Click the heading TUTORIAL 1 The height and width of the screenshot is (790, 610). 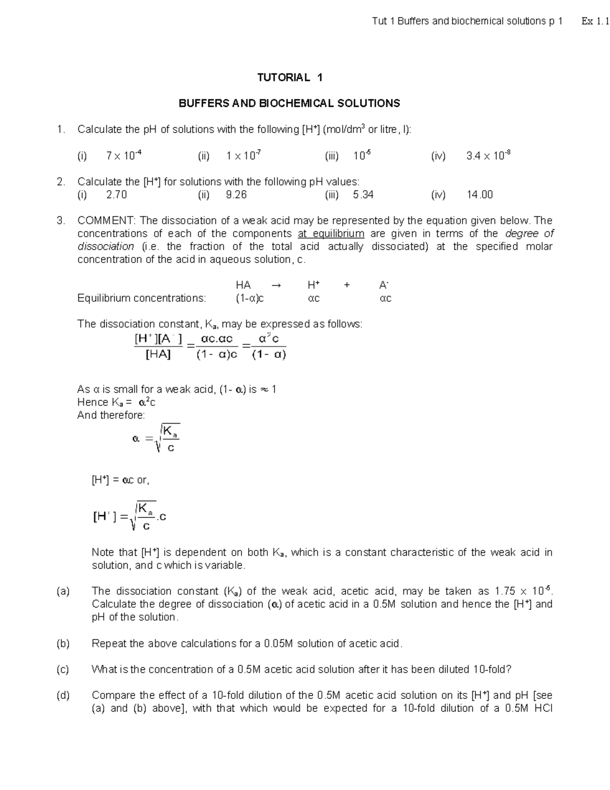coord(289,77)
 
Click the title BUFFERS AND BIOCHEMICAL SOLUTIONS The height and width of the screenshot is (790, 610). coord(289,103)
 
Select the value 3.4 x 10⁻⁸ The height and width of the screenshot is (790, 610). coord(488,156)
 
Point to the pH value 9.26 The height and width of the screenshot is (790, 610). coord(236,195)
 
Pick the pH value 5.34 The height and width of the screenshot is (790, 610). coord(363,195)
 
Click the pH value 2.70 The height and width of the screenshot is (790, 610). coord(116,195)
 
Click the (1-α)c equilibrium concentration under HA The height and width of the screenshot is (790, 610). coord(250,299)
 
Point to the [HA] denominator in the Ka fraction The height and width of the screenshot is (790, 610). coord(158,355)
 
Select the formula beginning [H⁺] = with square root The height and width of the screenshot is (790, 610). coord(130,516)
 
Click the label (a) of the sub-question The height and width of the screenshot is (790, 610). coord(63,591)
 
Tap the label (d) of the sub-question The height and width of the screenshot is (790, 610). coord(63,695)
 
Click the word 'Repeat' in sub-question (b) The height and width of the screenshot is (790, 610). coord(107,643)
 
